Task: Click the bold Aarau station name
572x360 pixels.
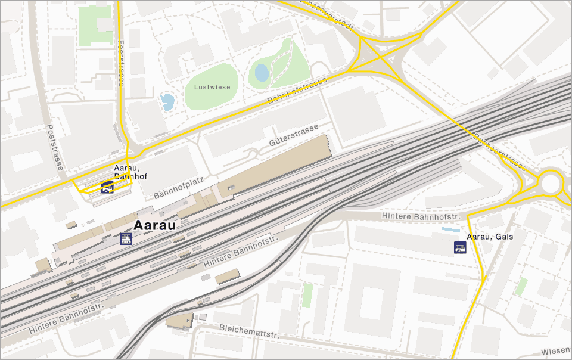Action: point(155,226)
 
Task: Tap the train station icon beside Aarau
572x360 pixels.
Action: point(126,240)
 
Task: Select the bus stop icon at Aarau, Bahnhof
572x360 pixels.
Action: point(107,188)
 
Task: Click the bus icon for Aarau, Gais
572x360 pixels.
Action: point(460,247)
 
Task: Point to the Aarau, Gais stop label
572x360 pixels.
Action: point(489,237)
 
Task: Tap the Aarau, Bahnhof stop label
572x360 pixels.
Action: point(130,172)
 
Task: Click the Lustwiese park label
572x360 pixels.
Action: point(212,87)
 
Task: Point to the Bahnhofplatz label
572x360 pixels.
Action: point(178,187)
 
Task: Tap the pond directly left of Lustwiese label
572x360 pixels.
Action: point(167,103)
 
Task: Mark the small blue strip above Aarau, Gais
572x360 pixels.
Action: point(450,229)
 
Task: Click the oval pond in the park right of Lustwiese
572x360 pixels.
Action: point(262,73)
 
